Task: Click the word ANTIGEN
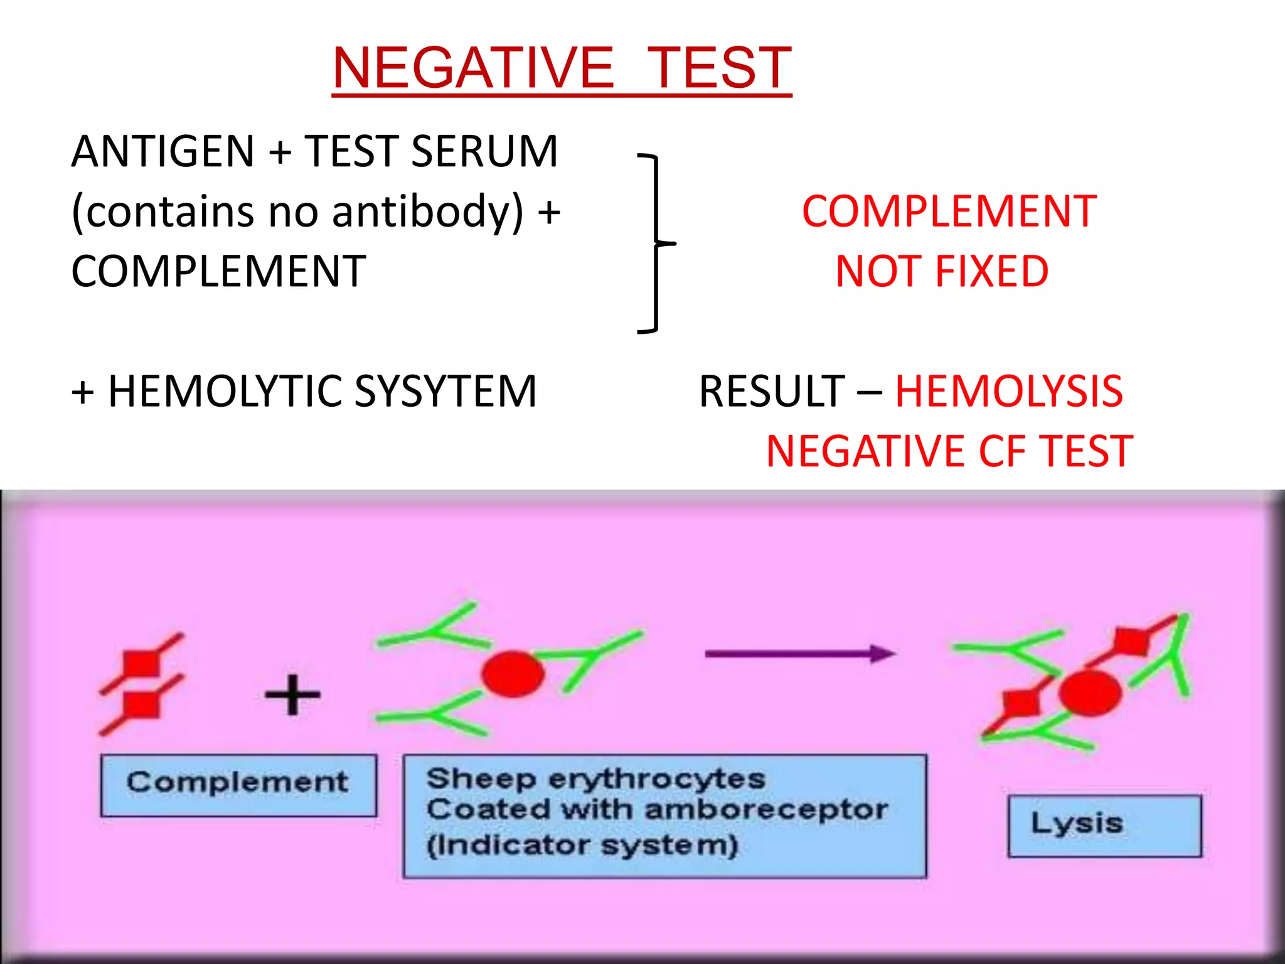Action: coord(163,152)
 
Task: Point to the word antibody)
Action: coord(427,212)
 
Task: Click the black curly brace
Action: coord(655,242)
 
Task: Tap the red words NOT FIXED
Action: coord(942,271)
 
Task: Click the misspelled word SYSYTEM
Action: coord(445,391)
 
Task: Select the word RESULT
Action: coord(772,391)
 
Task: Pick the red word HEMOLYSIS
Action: coord(1008,391)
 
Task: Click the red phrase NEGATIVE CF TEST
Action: coord(949,451)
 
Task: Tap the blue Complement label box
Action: coord(238,785)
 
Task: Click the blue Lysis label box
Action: coord(1104,825)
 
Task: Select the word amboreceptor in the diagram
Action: coord(766,810)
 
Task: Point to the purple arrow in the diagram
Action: coord(800,654)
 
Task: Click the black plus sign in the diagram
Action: coord(292,694)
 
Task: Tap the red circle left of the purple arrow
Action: coord(513,674)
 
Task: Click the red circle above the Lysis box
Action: coord(1089,692)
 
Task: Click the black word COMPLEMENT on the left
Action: coord(218,271)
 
